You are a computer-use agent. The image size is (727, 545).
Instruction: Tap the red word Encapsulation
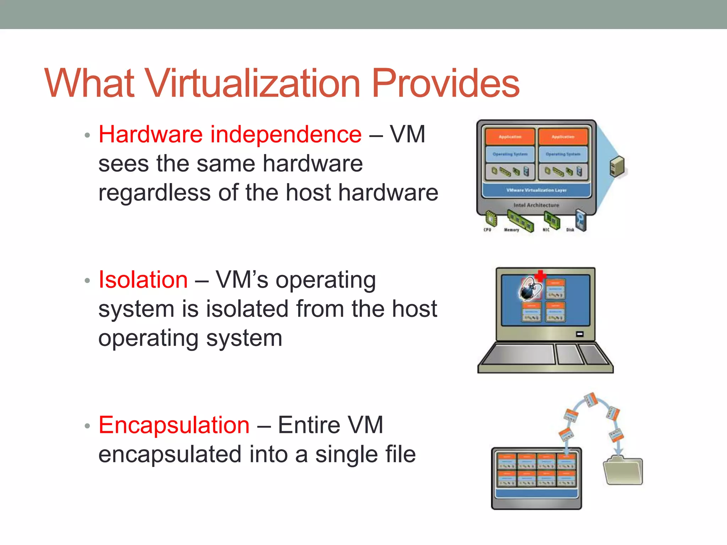click(174, 425)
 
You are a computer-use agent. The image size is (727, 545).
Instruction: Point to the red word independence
click(286, 134)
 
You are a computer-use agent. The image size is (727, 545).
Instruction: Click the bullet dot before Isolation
click(87, 281)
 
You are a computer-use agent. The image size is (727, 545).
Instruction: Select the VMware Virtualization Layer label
click(536, 190)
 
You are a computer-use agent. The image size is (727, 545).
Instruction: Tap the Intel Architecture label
click(536, 205)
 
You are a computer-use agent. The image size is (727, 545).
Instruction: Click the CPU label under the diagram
click(487, 230)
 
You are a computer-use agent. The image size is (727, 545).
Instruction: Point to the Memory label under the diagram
click(512, 230)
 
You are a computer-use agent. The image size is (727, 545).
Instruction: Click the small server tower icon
click(617, 166)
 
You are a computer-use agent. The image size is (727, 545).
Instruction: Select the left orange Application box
click(510, 137)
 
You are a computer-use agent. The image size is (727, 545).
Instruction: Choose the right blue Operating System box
click(563, 154)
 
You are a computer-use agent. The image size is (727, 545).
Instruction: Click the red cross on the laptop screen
click(540, 276)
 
